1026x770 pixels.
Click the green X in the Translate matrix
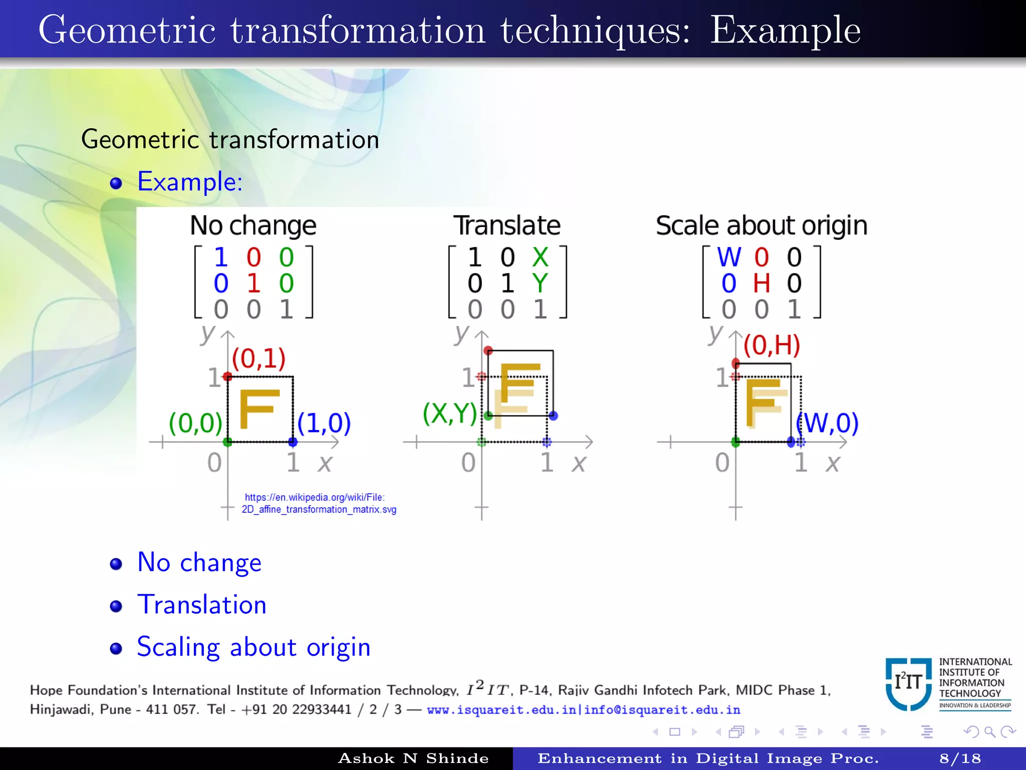[x=540, y=257]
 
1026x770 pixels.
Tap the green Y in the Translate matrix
[x=540, y=283]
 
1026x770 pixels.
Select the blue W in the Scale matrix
[x=729, y=257]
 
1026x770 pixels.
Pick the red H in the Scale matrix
[x=761, y=283]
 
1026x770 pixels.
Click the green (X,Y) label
[x=449, y=413]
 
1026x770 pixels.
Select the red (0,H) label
[x=772, y=345]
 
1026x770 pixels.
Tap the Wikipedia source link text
[x=319, y=503]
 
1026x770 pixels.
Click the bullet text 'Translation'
[x=202, y=605]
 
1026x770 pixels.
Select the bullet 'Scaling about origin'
[x=253, y=647]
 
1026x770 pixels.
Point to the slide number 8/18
[x=960, y=758]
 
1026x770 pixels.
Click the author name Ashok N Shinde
[x=413, y=758]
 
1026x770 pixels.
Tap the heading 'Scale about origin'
[x=761, y=226]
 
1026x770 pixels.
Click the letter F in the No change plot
[x=258, y=409]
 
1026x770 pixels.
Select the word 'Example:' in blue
[x=190, y=181]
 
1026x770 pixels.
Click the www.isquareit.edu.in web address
[x=501, y=710]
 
